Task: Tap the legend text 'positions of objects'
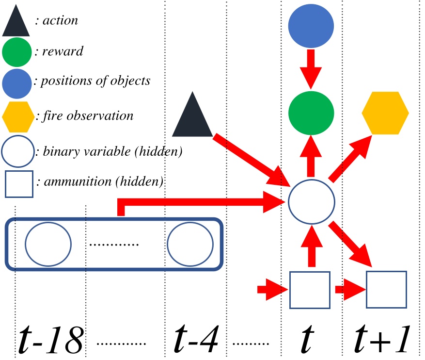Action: [x=95, y=81]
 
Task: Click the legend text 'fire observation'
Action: [x=87, y=116]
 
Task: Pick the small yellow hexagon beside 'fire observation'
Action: [x=18, y=116]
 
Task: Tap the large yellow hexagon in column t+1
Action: [x=385, y=113]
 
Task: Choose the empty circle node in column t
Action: [x=311, y=201]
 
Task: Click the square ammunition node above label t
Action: [x=310, y=290]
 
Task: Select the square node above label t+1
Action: [x=386, y=290]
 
